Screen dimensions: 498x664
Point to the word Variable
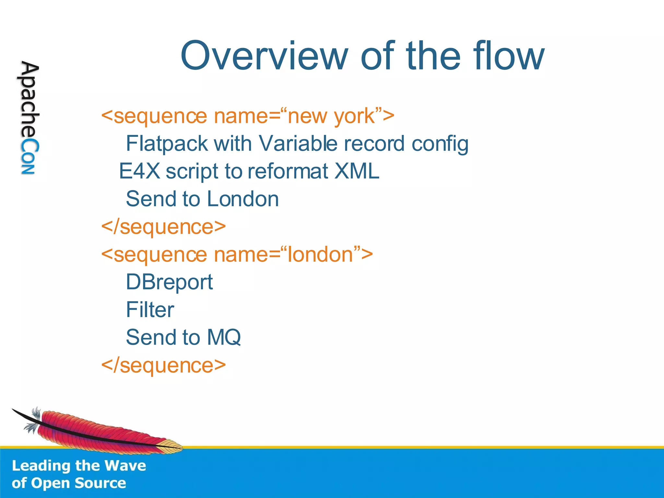click(298, 144)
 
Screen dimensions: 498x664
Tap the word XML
click(356, 171)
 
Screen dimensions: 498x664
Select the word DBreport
click(169, 282)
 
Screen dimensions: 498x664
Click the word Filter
click(150, 310)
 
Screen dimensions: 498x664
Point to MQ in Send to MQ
click(224, 338)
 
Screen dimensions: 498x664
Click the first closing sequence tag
click(163, 227)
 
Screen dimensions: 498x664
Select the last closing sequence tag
click(163, 365)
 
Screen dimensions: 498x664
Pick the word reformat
click(288, 171)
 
